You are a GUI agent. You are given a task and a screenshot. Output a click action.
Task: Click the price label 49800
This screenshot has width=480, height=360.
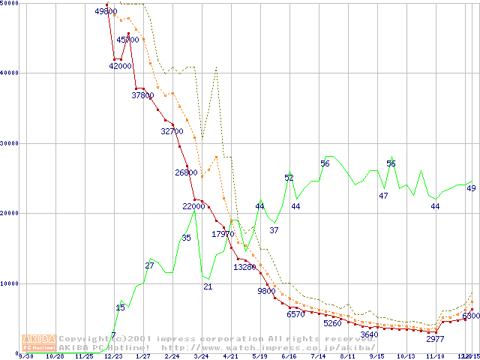pyautogui.click(x=106, y=11)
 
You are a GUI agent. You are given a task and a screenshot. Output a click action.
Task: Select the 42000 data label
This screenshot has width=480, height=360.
pyautogui.click(x=120, y=66)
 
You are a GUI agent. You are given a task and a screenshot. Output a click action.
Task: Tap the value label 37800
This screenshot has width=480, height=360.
pyautogui.click(x=142, y=95)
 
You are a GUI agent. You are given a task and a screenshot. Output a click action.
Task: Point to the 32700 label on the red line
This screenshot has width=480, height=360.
pyautogui.click(x=172, y=131)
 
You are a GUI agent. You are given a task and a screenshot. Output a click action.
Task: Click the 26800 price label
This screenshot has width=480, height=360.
pyautogui.click(x=186, y=172)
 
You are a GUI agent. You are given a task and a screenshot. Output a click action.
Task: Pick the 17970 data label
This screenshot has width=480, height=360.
pyautogui.click(x=223, y=235)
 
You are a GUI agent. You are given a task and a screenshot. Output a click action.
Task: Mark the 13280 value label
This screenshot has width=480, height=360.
pyautogui.click(x=245, y=267)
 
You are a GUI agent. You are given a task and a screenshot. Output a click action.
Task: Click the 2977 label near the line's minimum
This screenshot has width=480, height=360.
pyautogui.click(x=436, y=339)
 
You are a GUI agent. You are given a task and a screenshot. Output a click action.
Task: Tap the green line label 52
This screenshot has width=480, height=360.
pyautogui.click(x=289, y=178)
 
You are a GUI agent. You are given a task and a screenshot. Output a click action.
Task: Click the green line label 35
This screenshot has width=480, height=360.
pyautogui.click(x=186, y=238)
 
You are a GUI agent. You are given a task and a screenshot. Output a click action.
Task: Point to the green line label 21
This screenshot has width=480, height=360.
pyautogui.click(x=208, y=287)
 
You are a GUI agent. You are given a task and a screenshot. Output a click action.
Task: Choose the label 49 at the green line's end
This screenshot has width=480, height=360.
pyautogui.click(x=471, y=188)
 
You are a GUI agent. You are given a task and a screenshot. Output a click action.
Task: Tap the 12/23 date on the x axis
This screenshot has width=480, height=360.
pyautogui.click(x=113, y=357)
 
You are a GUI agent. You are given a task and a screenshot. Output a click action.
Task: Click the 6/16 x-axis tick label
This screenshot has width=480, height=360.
pyautogui.click(x=289, y=357)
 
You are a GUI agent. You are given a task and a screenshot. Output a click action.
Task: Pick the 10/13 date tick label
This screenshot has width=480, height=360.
pyautogui.click(x=406, y=357)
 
